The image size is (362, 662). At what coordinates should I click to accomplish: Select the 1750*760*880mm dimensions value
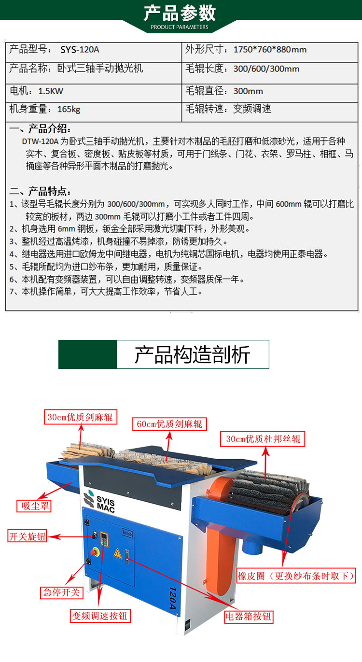click(x=270, y=49)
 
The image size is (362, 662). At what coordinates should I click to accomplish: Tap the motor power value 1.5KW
click(x=51, y=91)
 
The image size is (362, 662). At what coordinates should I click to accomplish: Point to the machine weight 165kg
click(x=69, y=109)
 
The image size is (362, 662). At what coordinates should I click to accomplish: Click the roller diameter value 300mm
click(x=248, y=91)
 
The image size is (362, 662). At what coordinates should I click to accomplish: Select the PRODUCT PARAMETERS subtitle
click(x=180, y=27)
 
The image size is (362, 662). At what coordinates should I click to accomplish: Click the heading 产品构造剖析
click(x=193, y=354)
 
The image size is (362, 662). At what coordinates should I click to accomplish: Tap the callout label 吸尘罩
click(x=34, y=506)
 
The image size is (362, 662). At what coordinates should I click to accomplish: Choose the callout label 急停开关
click(x=61, y=590)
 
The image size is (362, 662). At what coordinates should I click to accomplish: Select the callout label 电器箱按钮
click(x=248, y=617)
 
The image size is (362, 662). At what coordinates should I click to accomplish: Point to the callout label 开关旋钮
click(x=27, y=536)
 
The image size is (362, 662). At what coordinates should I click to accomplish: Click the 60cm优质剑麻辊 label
click(x=169, y=424)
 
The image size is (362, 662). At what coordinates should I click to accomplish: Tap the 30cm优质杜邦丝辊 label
click(x=263, y=439)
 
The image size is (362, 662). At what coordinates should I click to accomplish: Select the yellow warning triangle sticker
click(x=118, y=553)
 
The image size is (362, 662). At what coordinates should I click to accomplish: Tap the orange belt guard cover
click(x=219, y=532)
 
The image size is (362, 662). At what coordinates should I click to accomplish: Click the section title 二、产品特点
click(x=40, y=192)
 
